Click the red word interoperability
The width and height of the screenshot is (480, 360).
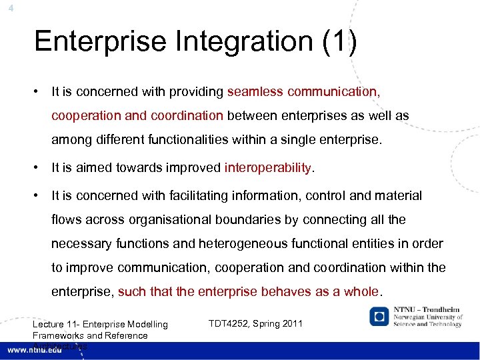[268, 167]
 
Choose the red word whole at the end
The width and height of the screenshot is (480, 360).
[361, 291]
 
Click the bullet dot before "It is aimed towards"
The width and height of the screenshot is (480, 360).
[41, 167]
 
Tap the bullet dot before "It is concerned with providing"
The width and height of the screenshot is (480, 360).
[41, 91]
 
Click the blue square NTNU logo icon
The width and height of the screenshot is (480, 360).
[379, 316]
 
